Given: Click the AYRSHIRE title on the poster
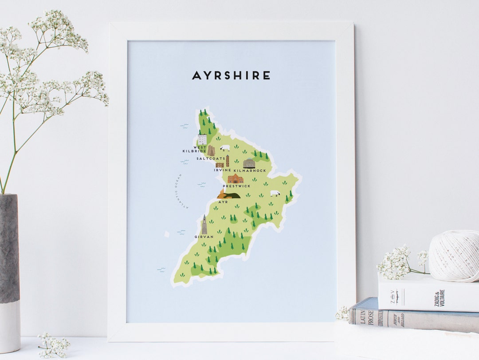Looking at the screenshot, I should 231,76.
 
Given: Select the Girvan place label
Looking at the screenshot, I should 204,237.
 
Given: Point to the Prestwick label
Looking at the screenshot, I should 237,186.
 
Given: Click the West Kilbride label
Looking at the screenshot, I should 194,149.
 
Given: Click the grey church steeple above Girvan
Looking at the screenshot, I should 204,225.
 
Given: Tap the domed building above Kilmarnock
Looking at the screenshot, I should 249,163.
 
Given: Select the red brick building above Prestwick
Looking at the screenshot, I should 235,179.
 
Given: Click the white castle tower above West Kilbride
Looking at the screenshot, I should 202,139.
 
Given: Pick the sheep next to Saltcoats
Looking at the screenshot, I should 225,147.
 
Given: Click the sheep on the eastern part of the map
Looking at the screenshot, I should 275,194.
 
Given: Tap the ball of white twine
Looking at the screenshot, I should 453,256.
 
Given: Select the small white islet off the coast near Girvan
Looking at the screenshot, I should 167,233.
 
